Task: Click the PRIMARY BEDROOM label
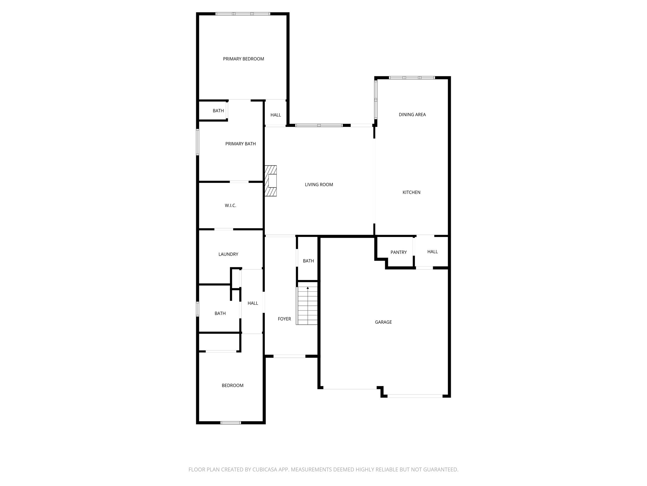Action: [x=243, y=59]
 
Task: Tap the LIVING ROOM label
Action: [x=319, y=184]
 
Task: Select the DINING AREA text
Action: [x=412, y=115]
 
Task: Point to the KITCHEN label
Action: [x=411, y=192]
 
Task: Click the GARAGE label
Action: [x=383, y=322]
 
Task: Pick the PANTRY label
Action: [x=398, y=252]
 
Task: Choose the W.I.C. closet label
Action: [x=230, y=205]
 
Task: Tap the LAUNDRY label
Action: [x=228, y=254]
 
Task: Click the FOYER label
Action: [x=284, y=319]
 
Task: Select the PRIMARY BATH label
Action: [x=240, y=144]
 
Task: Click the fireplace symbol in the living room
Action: [x=271, y=181]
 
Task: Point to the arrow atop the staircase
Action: [x=308, y=288]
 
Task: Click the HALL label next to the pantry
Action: [x=432, y=252]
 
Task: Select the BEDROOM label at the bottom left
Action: [x=232, y=385]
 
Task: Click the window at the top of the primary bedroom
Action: [x=243, y=14]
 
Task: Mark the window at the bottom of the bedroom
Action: [x=231, y=422]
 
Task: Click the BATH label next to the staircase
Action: [x=308, y=261]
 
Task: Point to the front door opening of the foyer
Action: [x=289, y=356]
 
